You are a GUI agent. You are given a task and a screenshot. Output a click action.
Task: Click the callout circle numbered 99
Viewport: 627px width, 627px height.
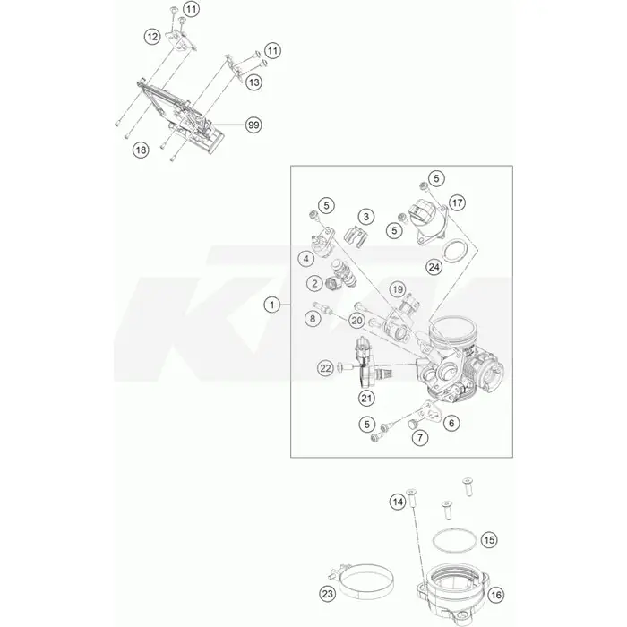tap(253, 125)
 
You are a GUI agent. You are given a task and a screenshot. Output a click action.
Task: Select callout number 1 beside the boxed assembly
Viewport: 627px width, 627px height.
tap(272, 305)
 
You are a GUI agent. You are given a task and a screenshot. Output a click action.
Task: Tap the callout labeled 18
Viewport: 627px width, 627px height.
tap(141, 150)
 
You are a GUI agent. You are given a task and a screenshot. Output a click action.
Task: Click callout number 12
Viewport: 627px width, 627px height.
tap(152, 37)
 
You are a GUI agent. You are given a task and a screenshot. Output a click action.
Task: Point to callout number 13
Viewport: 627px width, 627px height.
tap(253, 82)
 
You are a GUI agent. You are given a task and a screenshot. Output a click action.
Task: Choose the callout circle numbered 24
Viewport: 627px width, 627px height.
tap(434, 266)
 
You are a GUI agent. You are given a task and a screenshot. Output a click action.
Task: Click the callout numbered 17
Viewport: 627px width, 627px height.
tap(457, 202)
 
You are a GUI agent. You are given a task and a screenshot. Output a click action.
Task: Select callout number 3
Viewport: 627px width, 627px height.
tap(365, 217)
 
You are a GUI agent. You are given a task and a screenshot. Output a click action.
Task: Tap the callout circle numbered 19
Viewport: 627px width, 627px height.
tap(397, 289)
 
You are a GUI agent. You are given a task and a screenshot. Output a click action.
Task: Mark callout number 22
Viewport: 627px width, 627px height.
tap(325, 368)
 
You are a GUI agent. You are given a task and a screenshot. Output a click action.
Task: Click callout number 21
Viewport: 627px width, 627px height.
tap(366, 398)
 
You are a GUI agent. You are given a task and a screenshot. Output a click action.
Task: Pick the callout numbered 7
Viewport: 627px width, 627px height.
tap(420, 437)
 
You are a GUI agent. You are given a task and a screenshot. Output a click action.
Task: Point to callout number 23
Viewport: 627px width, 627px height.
tap(328, 594)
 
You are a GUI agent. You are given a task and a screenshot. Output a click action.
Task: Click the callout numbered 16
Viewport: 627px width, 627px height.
tap(496, 595)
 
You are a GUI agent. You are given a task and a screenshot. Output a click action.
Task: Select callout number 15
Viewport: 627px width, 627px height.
tap(489, 540)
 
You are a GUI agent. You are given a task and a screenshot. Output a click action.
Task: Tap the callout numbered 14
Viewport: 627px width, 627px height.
tap(398, 502)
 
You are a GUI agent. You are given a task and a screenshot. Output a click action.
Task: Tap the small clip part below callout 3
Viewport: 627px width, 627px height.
tap(355, 236)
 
